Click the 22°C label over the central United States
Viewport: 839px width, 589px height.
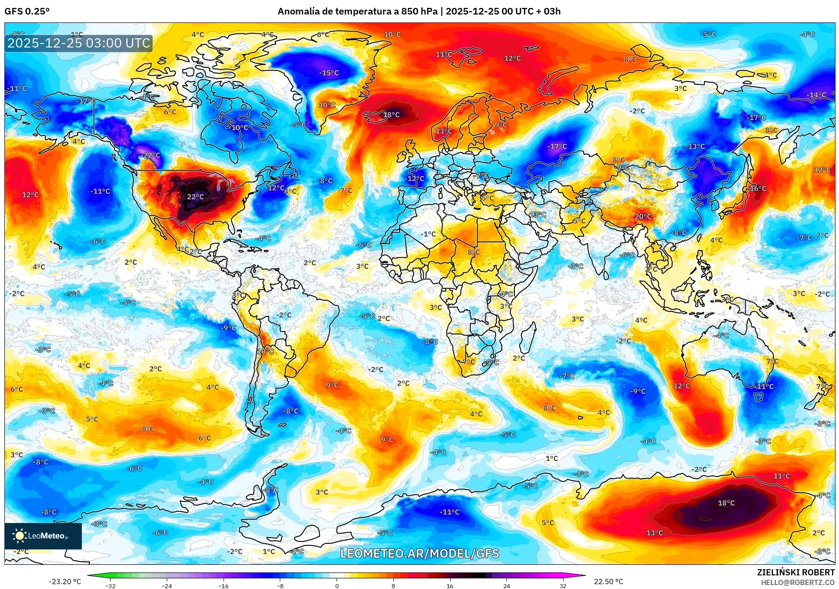pos(195,197)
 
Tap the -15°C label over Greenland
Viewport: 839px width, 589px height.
pos(329,73)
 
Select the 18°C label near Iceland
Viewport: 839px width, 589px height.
pos(391,115)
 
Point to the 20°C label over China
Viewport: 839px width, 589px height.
pos(643,216)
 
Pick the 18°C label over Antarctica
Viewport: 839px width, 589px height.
pos(726,503)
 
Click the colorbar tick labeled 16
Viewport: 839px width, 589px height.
pos(450,585)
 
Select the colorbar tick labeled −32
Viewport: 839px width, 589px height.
pos(110,585)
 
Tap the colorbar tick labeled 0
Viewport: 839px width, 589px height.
pos(337,585)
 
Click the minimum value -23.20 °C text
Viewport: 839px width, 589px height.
pos(65,582)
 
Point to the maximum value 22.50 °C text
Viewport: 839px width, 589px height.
pos(608,582)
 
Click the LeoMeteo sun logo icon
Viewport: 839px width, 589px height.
pos(19,535)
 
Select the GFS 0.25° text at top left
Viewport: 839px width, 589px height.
pos(27,11)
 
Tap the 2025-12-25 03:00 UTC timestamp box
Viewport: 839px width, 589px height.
pos(79,43)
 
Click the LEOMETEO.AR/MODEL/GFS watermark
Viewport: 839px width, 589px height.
pos(419,553)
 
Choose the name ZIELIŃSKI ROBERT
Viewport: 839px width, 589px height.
pos(795,572)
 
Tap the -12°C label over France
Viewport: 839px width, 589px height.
pos(415,179)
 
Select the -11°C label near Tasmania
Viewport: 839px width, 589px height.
pos(765,387)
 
